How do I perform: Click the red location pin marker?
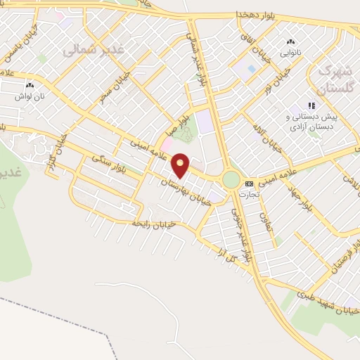[181, 165]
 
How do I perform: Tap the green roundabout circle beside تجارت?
[231, 180]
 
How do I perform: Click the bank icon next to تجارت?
[248, 184]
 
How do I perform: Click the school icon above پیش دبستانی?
[311, 105]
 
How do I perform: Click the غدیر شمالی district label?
[93, 50]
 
